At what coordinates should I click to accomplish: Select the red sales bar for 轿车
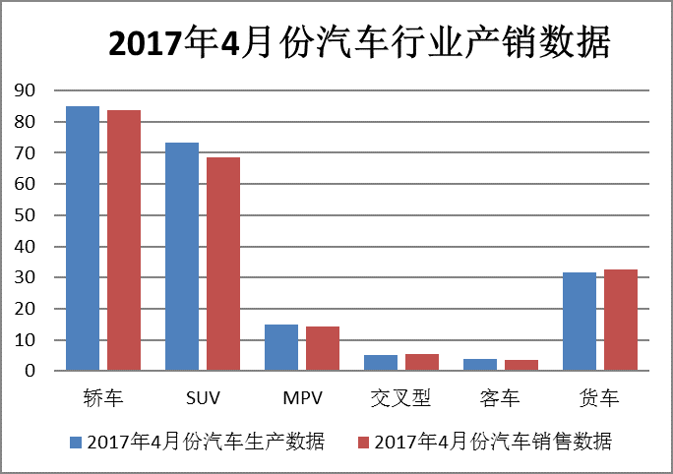pos(124,240)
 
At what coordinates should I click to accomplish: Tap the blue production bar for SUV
pos(182,257)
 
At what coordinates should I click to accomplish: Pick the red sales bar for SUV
pos(223,264)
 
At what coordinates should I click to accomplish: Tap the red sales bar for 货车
pos(621,320)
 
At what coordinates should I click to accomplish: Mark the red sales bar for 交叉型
pos(422,362)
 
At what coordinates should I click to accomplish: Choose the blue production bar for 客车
pos(480,365)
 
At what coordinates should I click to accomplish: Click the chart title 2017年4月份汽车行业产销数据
pos(359,44)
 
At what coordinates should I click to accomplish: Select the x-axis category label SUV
pos(203,398)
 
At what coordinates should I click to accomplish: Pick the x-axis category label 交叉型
pos(400,398)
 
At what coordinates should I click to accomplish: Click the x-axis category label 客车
pos(500,398)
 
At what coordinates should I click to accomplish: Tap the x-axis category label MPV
pos(302,398)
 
